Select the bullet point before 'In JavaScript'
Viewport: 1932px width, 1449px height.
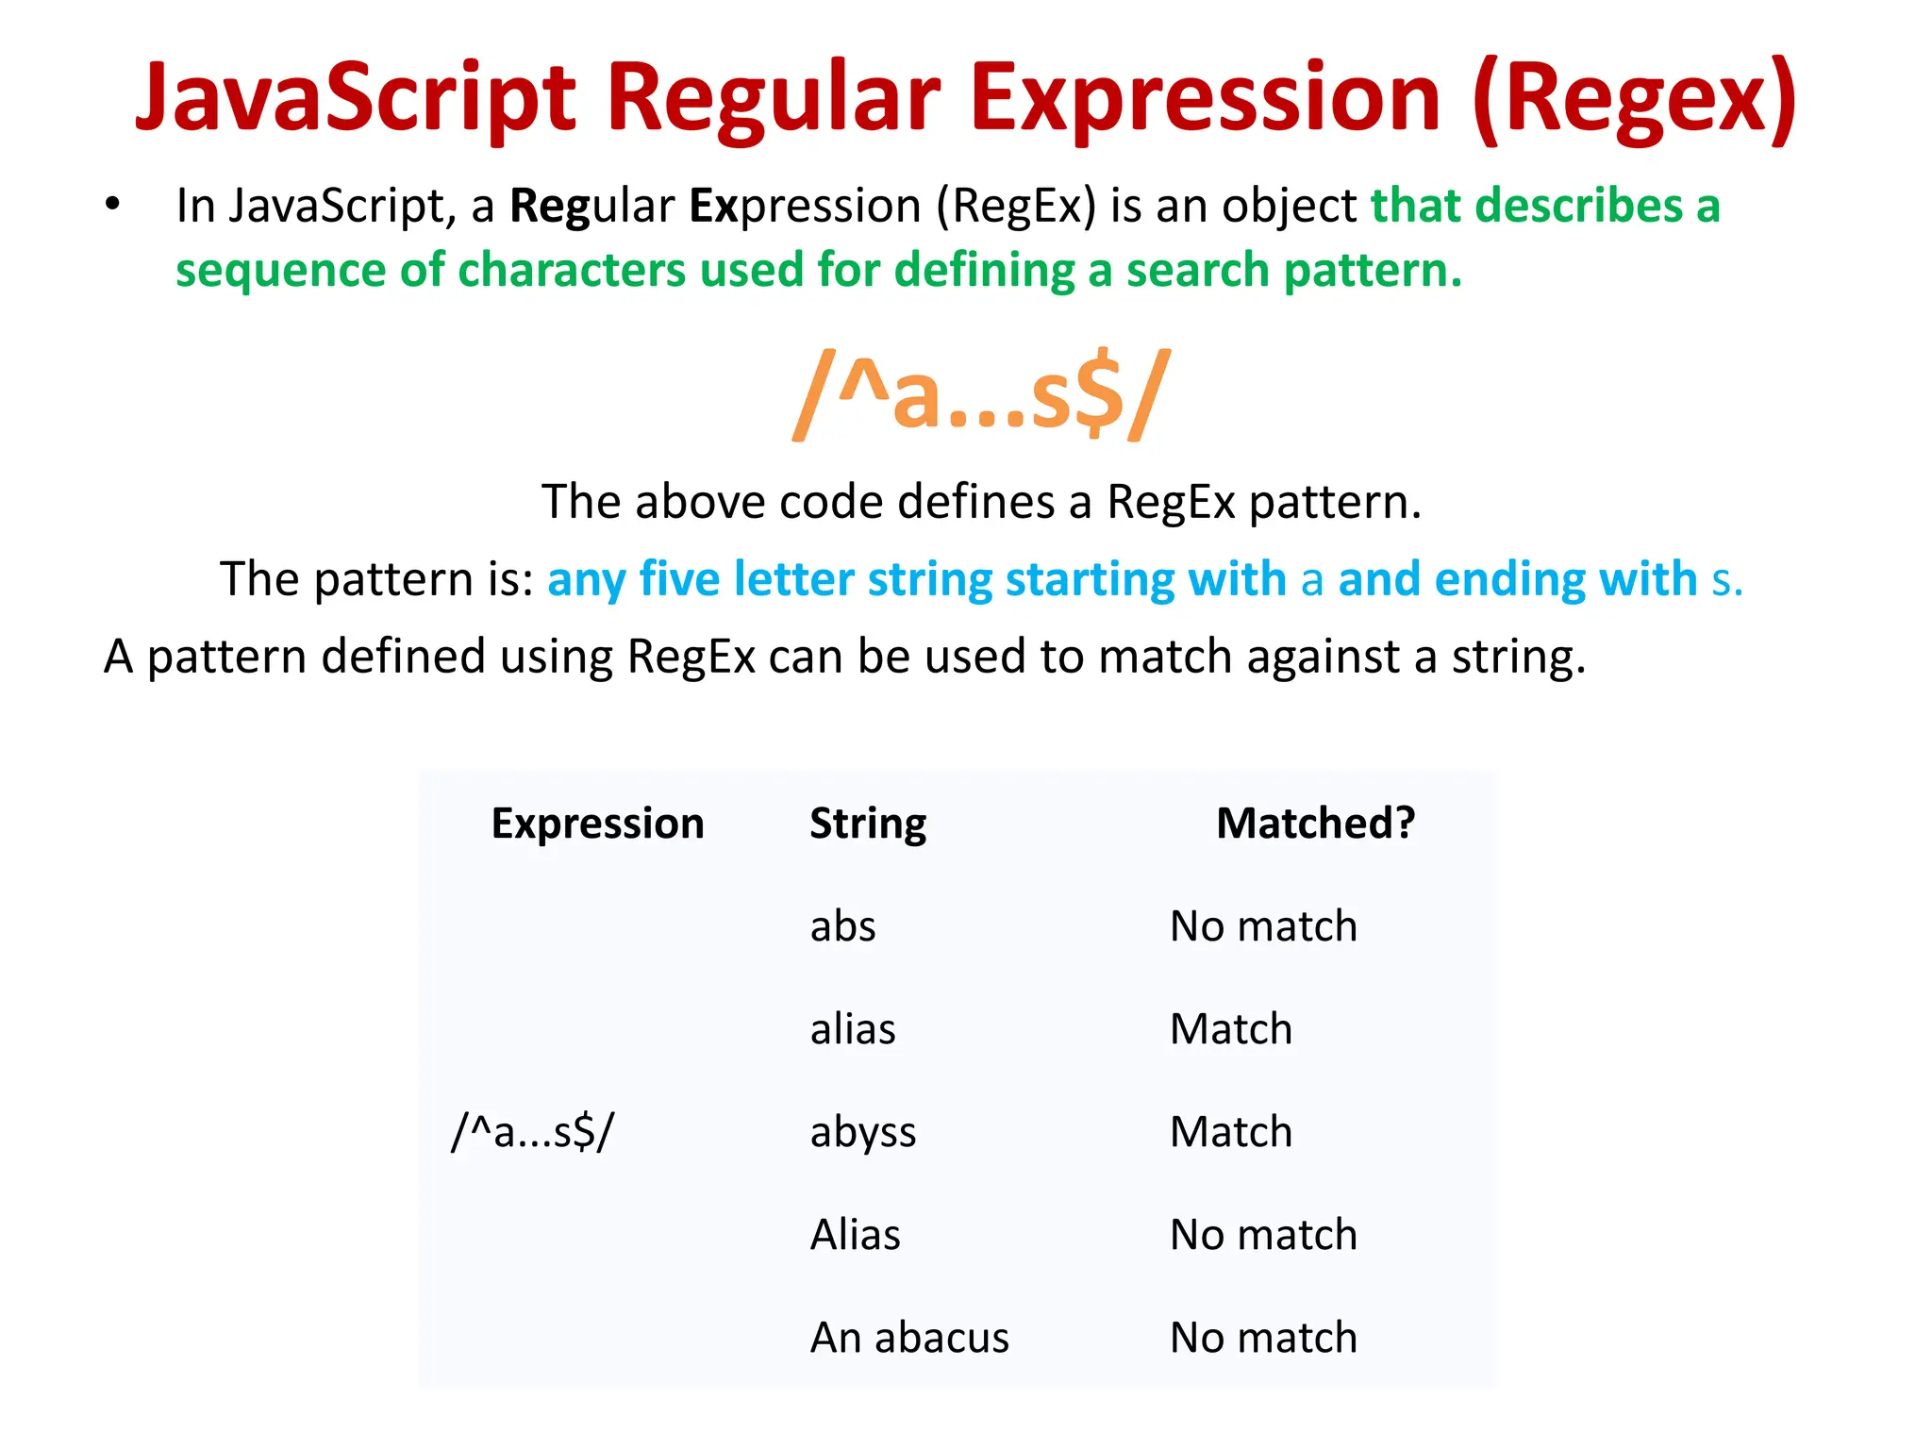113,204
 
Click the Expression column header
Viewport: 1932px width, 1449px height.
597,824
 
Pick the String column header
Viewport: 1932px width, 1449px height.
868,824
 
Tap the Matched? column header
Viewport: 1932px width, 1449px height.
1315,824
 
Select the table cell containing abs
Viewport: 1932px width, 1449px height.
842,926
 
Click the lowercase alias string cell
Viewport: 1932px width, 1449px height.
853,1029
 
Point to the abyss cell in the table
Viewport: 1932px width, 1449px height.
863,1132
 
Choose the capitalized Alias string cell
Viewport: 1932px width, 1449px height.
855,1235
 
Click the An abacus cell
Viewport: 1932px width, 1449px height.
909,1338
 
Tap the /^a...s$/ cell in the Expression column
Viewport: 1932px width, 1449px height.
533,1132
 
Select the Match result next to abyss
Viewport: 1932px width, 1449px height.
1230,1132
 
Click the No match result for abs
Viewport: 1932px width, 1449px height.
1263,926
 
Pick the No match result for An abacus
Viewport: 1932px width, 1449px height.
1263,1338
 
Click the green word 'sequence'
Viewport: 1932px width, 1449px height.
280,272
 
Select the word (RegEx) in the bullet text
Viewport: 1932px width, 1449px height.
1016,206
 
